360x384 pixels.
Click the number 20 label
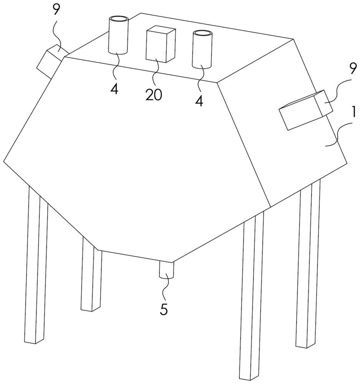[x=154, y=94]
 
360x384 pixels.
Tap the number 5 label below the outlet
[x=164, y=309]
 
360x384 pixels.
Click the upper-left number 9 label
[x=56, y=10]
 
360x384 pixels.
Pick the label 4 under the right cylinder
[x=199, y=101]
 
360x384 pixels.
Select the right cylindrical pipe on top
[x=202, y=49]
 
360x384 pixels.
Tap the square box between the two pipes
[x=161, y=45]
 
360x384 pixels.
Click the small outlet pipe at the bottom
[x=166, y=270]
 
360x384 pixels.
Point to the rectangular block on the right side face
[x=306, y=110]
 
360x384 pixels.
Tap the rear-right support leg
[x=308, y=263]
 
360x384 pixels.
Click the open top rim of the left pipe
[x=119, y=19]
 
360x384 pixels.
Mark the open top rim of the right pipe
[x=202, y=34]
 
